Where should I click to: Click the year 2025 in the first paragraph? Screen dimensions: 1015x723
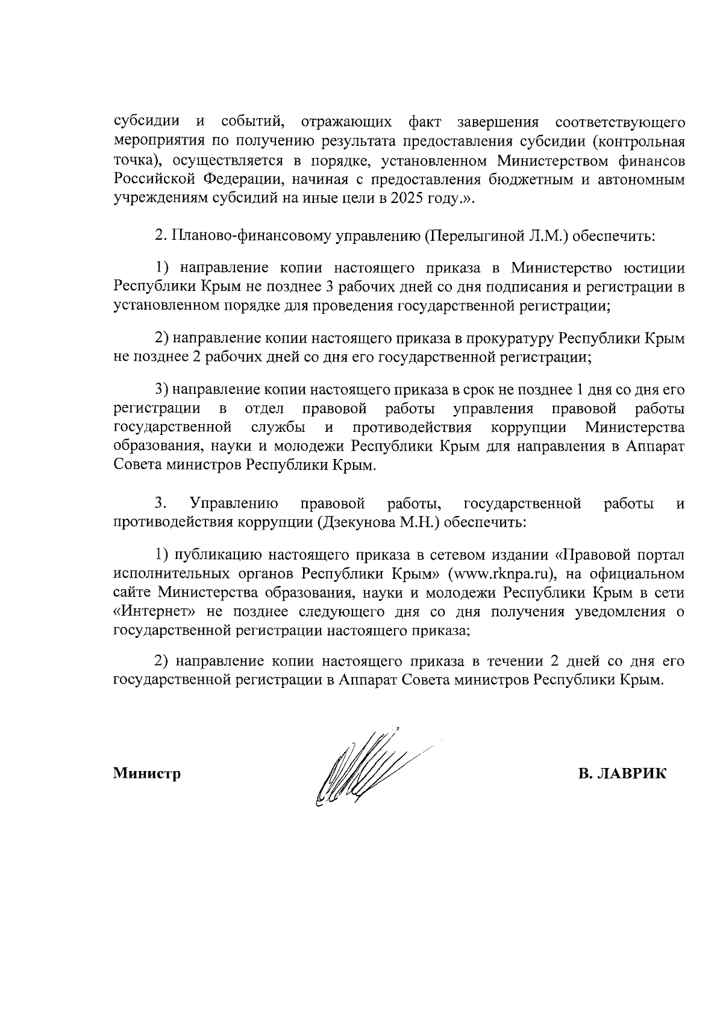[408, 199]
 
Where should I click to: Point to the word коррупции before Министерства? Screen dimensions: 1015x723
[528, 428]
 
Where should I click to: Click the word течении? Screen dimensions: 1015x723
[512, 661]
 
